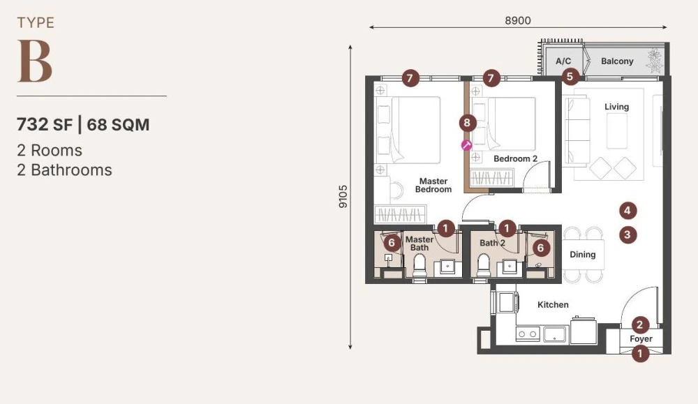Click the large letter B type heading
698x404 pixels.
tap(35, 61)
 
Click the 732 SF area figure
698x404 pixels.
tap(45, 125)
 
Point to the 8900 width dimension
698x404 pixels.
tap(518, 20)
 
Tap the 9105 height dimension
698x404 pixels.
tap(343, 196)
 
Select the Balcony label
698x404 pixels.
tap(617, 61)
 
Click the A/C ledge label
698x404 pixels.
tap(563, 61)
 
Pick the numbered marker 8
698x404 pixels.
tap(467, 122)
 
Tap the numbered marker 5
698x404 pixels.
tap(570, 76)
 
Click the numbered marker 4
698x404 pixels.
tap(628, 211)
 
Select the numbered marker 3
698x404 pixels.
tap(628, 234)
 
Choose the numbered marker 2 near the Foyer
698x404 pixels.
tap(639, 324)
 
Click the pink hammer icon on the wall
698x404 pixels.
tap(466, 145)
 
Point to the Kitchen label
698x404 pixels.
tap(553, 305)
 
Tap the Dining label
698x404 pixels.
tap(583, 255)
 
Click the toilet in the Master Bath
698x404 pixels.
tap(419, 265)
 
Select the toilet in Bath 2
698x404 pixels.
tap(484, 265)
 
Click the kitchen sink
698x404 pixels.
tap(554, 334)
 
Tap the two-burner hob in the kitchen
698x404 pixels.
tap(528, 334)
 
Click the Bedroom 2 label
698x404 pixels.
tap(516, 159)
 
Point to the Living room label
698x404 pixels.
tap(616, 107)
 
